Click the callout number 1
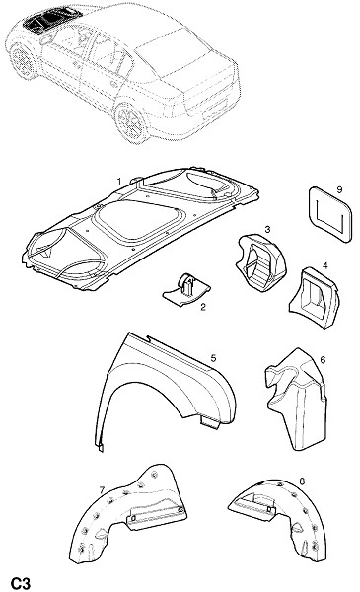[x=119, y=182]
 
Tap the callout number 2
[x=203, y=307]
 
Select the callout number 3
[x=267, y=229]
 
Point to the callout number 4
[x=324, y=265]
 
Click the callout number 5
[x=213, y=358]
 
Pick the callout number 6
[x=323, y=360]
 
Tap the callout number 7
[x=102, y=490]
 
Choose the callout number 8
[x=302, y=481]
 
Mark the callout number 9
[x=339, y=189]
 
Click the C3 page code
[x=20, y=583]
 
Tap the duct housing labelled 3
[x=260, y=260]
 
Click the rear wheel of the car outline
[x=132, y=122]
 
